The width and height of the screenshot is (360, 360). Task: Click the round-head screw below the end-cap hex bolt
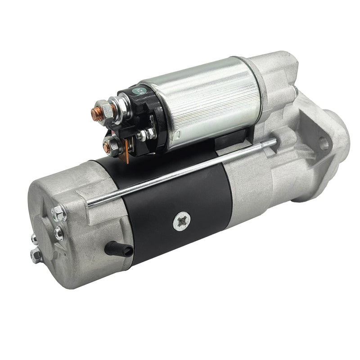click(59, 232)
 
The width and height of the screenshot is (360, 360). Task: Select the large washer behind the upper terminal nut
click(116, 110)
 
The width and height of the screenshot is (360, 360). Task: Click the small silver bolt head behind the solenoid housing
click(295, 92)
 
